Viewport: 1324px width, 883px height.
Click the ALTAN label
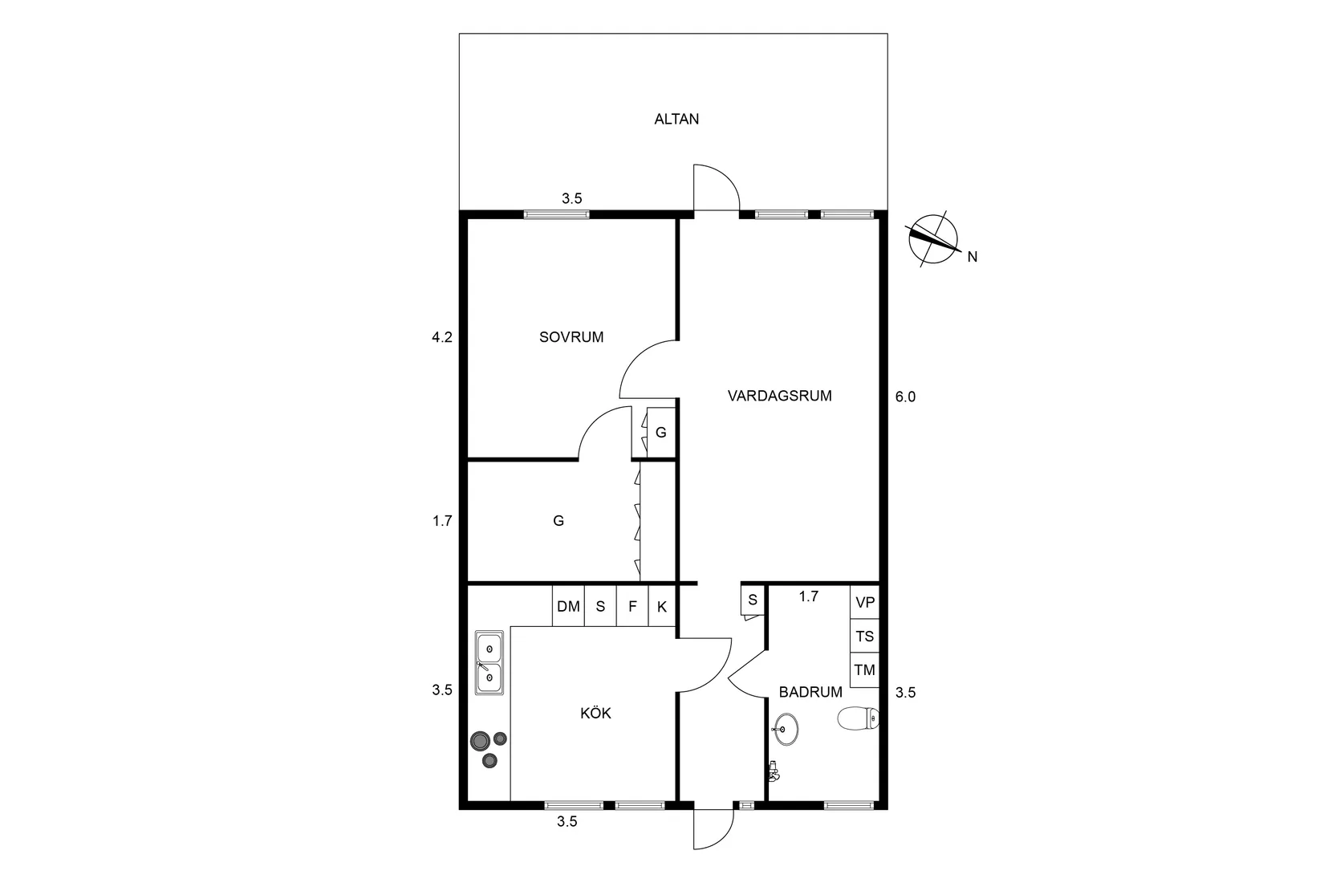tap(676, 119)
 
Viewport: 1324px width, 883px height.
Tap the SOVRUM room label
tap(571, 337)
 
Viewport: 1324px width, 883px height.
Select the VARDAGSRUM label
tap(779, 396)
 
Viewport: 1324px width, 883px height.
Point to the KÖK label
tap(595, 713)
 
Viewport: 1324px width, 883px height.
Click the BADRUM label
tap(810, 692)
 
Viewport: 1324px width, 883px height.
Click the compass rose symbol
tap(933, 239)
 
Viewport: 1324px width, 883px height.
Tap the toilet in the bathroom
tap(859, 718)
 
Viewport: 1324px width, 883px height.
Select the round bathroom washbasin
tap(786, 729)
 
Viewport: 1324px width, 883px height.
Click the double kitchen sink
tap(489, 662)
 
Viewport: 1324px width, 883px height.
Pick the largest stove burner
tap(480, 740)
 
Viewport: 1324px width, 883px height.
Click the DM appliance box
tap(568, 605)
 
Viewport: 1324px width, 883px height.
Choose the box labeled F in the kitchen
tap(632, 605)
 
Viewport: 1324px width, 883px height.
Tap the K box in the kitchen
tap(662, 605)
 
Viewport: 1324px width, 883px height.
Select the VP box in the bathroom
tap(865, 602)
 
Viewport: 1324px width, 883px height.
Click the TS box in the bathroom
tap(865, 637)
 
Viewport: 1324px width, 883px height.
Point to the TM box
tap(865, 670)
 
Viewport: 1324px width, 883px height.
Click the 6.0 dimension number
tap(905, 397)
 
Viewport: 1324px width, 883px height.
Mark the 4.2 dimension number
tap(442, 337)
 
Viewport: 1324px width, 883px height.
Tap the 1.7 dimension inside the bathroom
tap(809, 596)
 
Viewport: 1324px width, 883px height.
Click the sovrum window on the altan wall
tap(556, 214)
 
